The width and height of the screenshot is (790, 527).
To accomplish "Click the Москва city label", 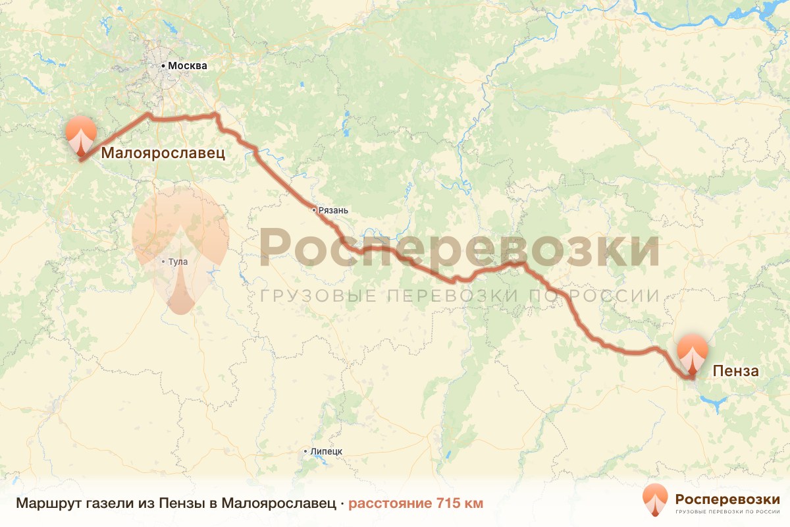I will point(188,66).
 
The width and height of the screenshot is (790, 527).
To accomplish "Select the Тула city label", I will point(178,262).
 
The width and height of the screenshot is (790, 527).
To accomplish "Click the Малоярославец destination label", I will point(163,153).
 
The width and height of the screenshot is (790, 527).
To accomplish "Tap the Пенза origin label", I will point(736,372).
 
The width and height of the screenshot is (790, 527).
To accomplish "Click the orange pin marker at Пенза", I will point(692,353).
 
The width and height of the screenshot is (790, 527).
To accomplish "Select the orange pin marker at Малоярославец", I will point(81,134).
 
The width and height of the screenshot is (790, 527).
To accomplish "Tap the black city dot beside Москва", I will point(163,66).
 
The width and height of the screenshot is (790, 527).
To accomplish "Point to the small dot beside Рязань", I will point(314,210).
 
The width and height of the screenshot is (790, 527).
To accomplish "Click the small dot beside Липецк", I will point(305,451).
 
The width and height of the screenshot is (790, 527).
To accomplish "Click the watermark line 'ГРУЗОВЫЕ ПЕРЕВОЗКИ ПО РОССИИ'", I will point(459,296).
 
